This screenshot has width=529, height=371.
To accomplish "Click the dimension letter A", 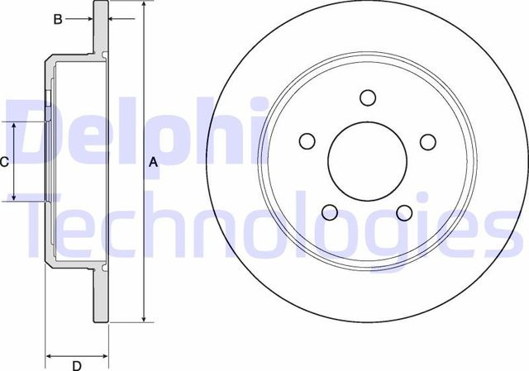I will pos(153,163).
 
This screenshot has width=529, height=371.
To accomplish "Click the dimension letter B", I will pos(58,19).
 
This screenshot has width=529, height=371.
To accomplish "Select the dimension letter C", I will pos(4,162).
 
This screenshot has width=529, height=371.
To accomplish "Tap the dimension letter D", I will pos(76,365).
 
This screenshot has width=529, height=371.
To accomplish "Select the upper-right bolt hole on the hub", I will pos(427,141).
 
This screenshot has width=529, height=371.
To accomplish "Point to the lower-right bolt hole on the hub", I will pos(404,212).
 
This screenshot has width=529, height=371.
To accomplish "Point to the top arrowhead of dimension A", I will pos(145,5).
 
